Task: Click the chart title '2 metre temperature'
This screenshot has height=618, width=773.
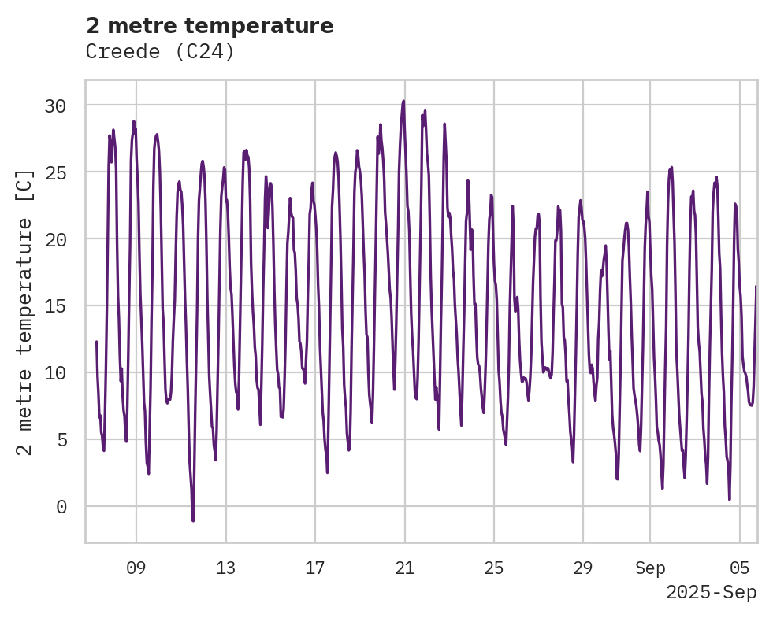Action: tap(210, 26)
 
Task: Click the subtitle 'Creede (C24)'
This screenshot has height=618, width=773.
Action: tap(160, 52)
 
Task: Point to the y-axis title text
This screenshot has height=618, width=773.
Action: tap(26, 312)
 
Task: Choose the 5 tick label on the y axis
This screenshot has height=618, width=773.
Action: tap(61, 440)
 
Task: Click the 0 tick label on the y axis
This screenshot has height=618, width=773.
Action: tap(61, 507)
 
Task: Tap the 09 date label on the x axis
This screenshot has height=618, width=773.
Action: tap(136, 568)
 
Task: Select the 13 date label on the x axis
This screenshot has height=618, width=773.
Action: tap(226, 568)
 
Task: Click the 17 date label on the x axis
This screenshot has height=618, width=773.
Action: tap(315, 568)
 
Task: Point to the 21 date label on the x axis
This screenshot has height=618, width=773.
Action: tap(404, 568)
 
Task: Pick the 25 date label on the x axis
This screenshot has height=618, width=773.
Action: tap(493, 568)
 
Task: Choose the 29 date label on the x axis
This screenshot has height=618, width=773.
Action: tap(582, 568)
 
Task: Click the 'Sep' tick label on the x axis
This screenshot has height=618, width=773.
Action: tap(650, 568)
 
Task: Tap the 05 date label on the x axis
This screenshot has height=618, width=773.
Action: tap(740, 568)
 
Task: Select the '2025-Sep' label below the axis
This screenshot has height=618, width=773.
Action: tap(711, 593)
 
